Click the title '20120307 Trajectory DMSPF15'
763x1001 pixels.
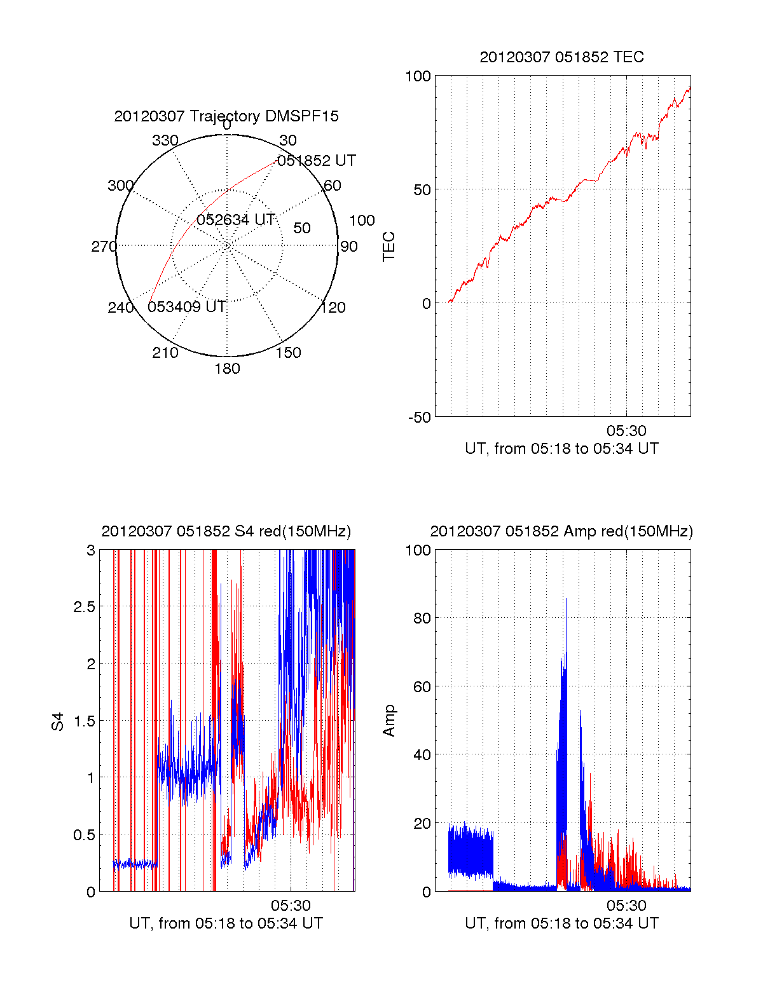click(226, 116)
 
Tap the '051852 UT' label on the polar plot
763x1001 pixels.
click(316, 161)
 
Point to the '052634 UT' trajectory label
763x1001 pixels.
click(235, 220)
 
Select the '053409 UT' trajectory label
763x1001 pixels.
click(187, 307)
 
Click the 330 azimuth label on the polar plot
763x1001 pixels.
click(165, 140)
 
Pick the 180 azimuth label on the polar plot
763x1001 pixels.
click(227, 369)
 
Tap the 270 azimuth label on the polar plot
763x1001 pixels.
click(104, 247)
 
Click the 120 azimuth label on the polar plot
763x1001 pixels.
click(333, 308)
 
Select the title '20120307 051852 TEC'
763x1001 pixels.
click(561, 57)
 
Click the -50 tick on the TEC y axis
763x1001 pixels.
click(420, 418)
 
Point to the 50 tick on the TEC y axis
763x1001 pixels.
click(422, 190)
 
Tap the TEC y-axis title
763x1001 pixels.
click(388, 247)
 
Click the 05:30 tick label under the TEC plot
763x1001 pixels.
click(626, 431)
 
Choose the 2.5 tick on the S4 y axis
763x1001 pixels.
click(84, 607)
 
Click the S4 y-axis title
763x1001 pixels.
click(58, 721)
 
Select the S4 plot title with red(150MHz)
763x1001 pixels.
click(226, 531)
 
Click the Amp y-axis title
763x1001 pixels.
click(388, 721)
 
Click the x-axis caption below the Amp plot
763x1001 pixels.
click(561, 923)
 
